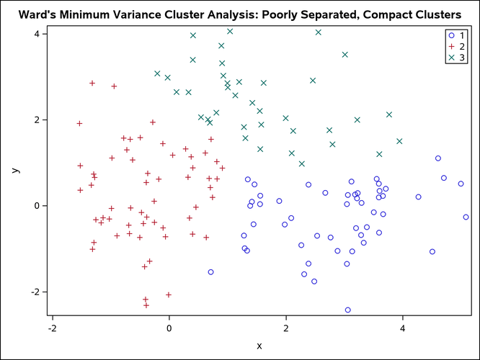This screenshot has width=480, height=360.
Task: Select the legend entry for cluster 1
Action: coord(456,35)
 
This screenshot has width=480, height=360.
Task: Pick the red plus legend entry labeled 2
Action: coord(456,46)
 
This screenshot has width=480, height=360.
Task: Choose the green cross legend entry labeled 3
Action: coord(456,57)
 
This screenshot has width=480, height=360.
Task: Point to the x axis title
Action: coord(259,346)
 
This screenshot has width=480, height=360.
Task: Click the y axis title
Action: coord(14,170)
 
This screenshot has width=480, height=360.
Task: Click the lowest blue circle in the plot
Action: coord(348,310)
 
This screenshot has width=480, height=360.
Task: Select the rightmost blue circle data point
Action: coord(466,217)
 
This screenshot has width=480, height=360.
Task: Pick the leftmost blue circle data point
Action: coord(210,272)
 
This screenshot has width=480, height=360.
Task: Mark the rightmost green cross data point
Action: coord(399,141)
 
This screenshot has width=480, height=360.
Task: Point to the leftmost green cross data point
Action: coord(157,73)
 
